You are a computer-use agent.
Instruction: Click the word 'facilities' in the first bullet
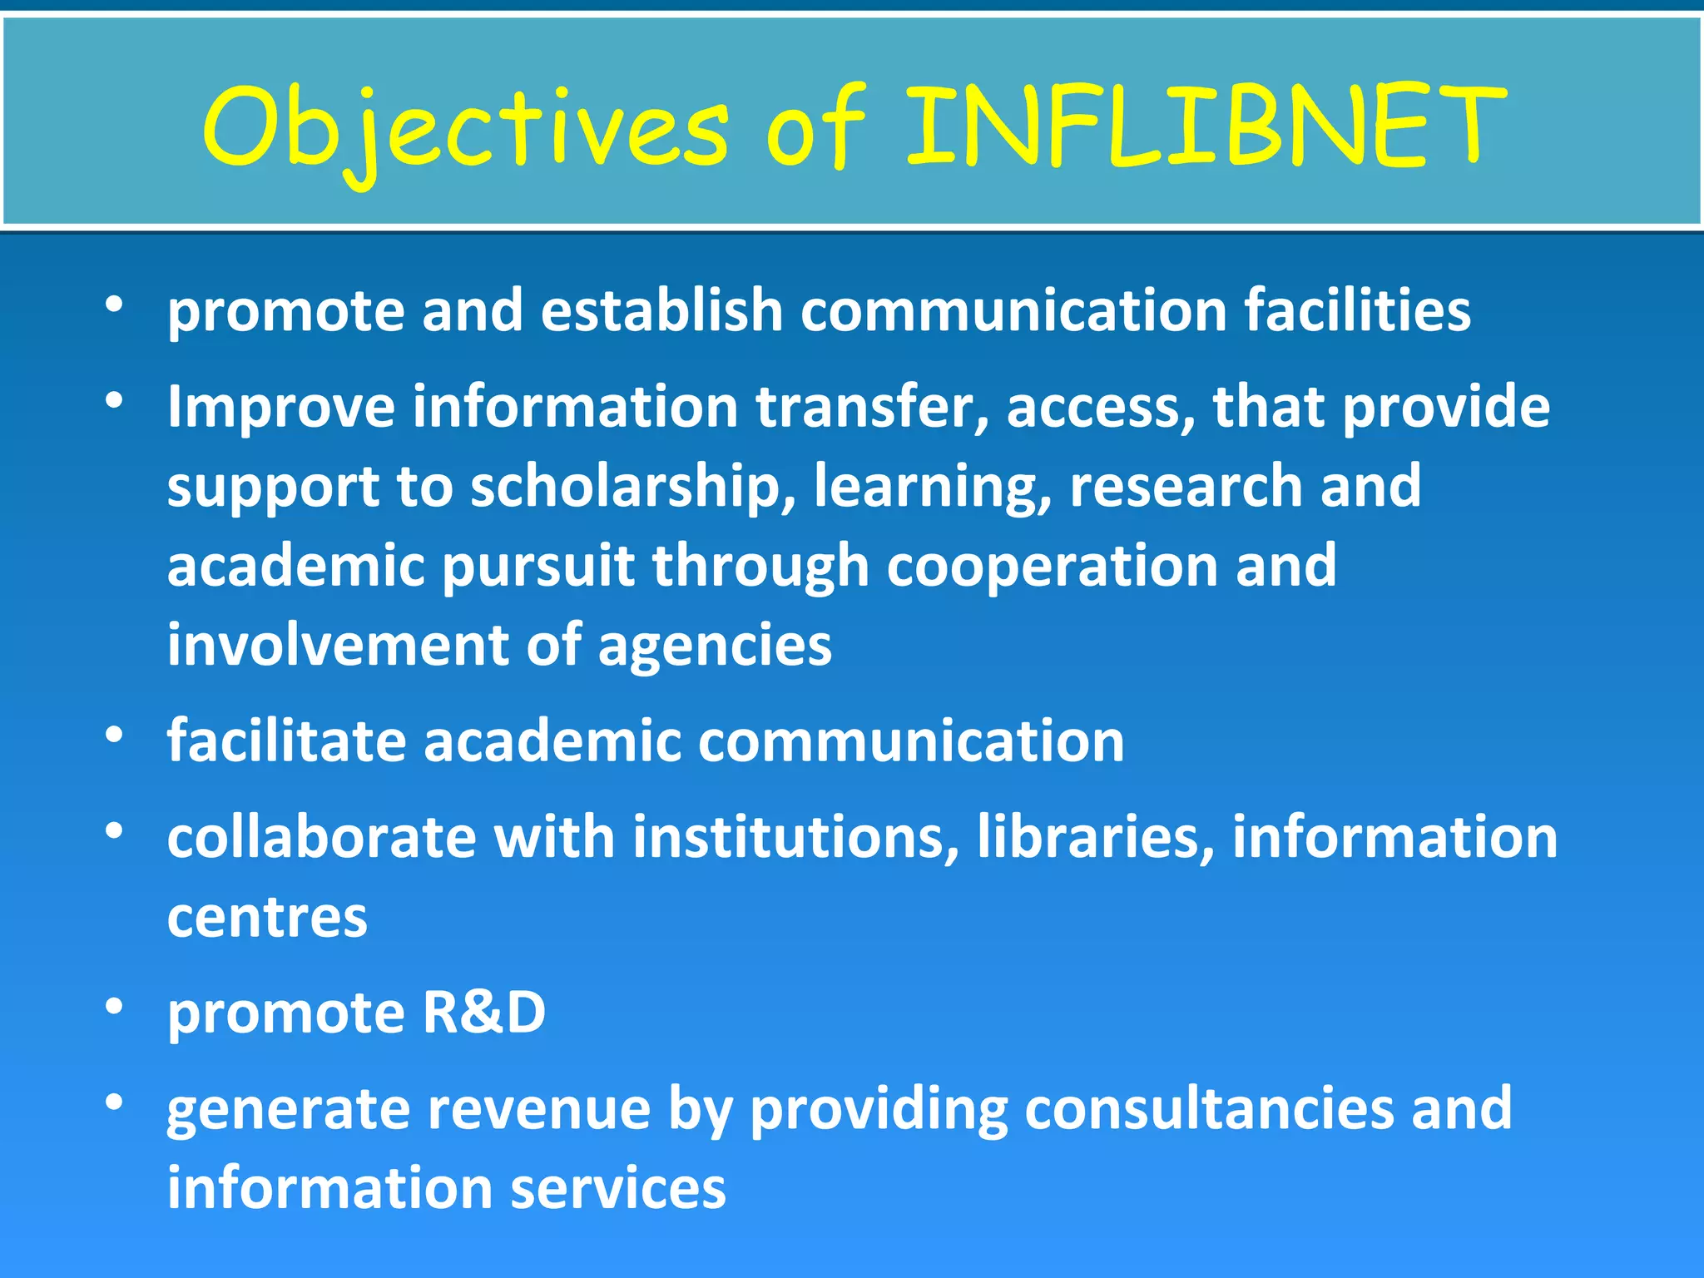point(1357,310)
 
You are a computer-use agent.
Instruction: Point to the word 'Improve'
point(281,408)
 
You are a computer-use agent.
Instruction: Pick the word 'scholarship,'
point(633,487)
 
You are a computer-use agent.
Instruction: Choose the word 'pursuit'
point(537,567)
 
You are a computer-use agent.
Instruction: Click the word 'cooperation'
point(1052,567)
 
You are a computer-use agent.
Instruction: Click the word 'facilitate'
point(286,741)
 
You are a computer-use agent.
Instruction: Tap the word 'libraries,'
point(1095,837)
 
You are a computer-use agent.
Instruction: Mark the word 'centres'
point(267,918)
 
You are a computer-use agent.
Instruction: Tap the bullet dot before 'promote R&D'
point(115,1007)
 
